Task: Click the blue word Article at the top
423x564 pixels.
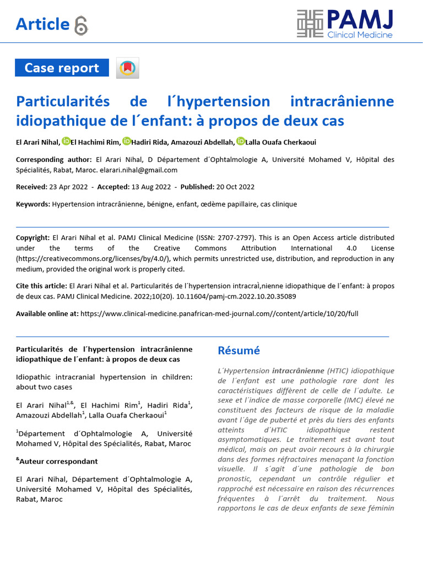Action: coord(42,24)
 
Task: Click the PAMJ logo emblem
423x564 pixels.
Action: coord(311,24)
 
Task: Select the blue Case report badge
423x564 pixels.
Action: coord(62,68)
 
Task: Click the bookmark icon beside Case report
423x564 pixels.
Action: coord(128,68)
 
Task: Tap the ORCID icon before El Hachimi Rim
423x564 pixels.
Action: coord(66,142)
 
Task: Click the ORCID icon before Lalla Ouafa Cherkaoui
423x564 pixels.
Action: coord(240,142)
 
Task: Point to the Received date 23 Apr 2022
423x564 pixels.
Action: coord(69,187)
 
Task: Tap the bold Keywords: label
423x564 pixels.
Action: coord(33,204)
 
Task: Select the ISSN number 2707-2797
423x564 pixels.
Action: coord(235,238)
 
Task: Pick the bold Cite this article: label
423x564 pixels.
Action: coord(41,286)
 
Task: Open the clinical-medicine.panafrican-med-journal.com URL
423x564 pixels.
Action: coord(219,313)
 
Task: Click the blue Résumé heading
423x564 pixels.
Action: coord(238,351)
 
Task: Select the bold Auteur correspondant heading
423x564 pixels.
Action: coord(58,462)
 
